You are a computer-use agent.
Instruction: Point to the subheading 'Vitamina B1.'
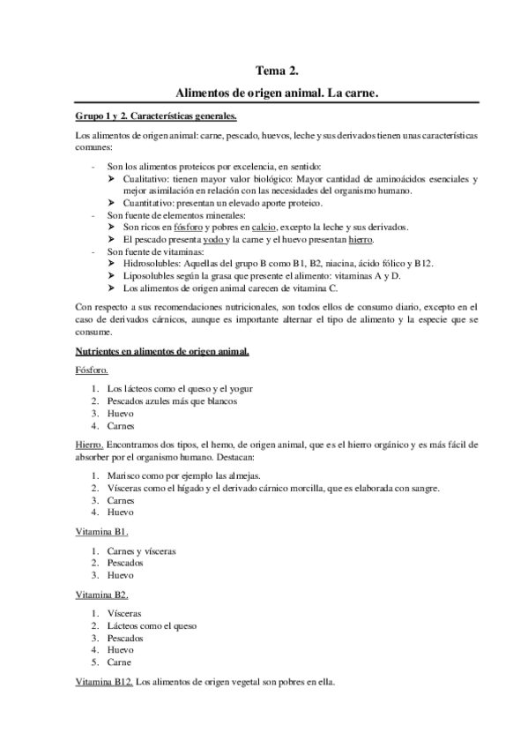pos(102,532)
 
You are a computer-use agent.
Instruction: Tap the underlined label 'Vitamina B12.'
pos(105,682)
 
